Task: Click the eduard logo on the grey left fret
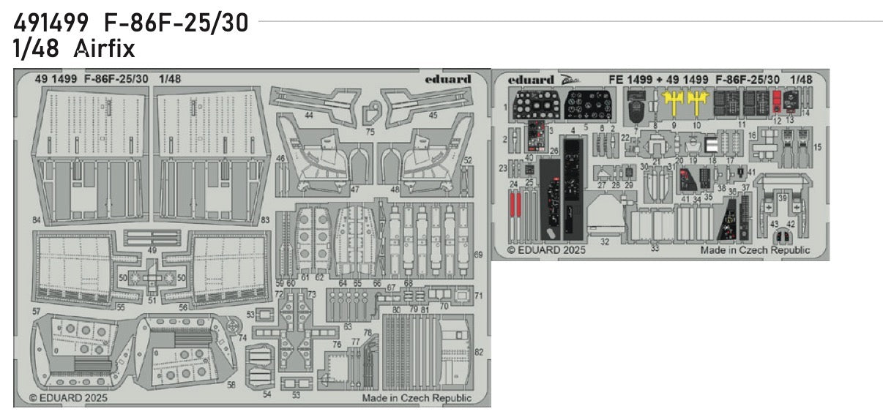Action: pyautogui.click(x=447, y=79)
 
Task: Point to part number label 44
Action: pyautogui.click(x=309, y=116)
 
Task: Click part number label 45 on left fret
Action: pyautogui.click(x=433, y=116)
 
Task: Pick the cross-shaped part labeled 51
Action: pyautogui.click(x=152, y=277)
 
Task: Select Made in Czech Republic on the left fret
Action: pyautogui.click(x=417, y=399)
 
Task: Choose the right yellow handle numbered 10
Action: pyautogui.click(x=697, y=105)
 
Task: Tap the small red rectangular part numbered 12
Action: pyautogui.click(x=778, y=105)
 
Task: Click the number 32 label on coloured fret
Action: pyautogui.click(x=604, y=241)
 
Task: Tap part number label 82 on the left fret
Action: pyautogui.click(x=479, y=352)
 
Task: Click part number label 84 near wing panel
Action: pyautogui.click(x=35, y=219)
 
